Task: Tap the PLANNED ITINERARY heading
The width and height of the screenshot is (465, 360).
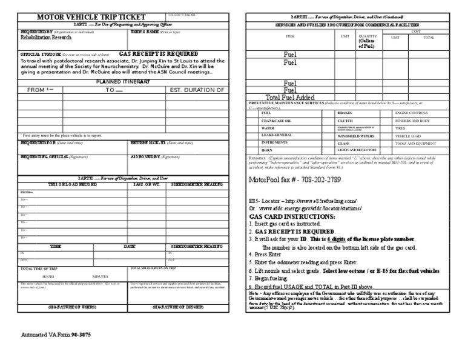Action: (x=123, y=81)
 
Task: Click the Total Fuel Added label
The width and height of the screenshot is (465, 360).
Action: (x=290, y=97)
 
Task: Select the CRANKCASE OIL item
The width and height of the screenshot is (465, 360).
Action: (x=274, y=121)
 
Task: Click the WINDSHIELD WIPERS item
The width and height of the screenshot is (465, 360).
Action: (x=354, y=136)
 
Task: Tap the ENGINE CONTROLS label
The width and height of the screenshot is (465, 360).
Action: (x=411, y=113)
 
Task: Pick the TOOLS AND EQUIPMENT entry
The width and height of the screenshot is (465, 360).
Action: (x=415, y=144)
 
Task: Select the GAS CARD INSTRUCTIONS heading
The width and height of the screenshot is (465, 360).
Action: (x=292, y=216)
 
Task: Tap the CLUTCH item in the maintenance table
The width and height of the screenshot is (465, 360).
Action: (x=345, y=121)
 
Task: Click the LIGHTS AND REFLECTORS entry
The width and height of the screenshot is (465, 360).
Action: (x=357, y=150)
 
